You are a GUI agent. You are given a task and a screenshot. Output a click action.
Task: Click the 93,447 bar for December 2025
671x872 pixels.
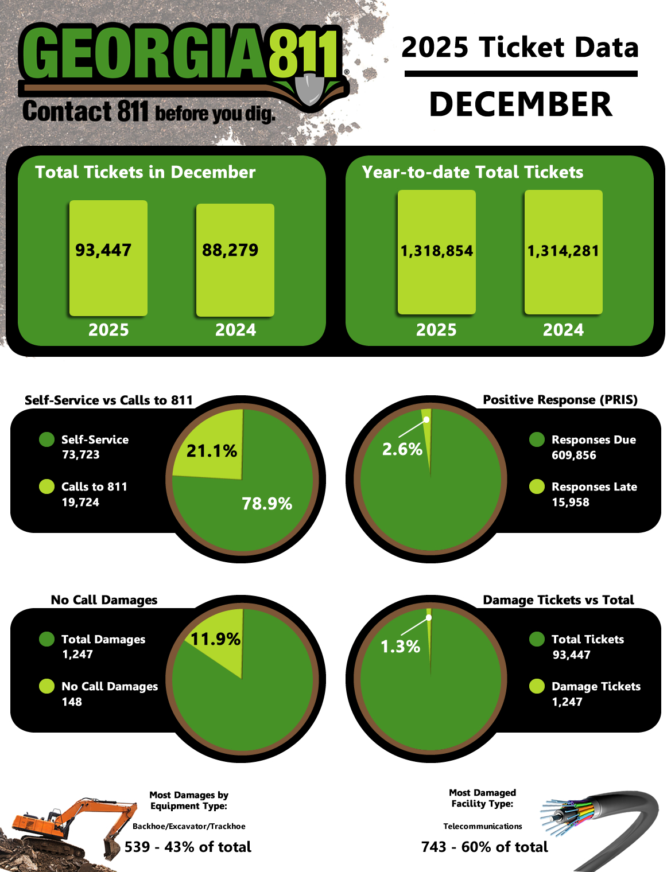[x=108, y=258]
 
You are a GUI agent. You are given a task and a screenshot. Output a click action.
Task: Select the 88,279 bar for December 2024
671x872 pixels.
[x=235, y=259]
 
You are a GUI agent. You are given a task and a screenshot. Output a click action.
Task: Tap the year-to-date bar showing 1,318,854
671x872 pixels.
[x=436, y=252]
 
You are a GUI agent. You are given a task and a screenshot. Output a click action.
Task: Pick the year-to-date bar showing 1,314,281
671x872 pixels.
[x=563, y=252]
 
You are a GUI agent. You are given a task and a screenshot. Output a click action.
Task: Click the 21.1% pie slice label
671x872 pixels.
[x=211, y=451]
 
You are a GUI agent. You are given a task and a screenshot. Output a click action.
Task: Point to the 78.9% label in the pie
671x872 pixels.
[x=267, y=504]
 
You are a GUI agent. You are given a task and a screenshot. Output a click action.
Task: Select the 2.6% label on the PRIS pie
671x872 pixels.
[x=402, y=449]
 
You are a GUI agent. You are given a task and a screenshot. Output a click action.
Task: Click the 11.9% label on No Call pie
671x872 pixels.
[x=215, y=639]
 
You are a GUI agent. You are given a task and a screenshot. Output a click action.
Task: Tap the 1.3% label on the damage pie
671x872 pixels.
[x=401, y=647]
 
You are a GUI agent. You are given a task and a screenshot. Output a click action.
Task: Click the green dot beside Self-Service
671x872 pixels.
[x=46, y=440]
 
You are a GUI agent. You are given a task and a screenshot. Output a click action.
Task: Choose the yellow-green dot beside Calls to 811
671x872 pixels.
[x=46, y=486]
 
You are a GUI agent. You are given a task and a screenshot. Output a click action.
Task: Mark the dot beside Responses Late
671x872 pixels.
[x=537, y=486]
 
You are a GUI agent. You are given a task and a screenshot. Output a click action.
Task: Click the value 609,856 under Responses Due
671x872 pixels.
[x=573, y=456]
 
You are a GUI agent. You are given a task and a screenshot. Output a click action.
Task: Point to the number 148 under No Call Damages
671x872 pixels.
[x=72, y=702]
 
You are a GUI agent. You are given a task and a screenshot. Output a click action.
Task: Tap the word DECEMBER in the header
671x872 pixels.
[x=521, y=104]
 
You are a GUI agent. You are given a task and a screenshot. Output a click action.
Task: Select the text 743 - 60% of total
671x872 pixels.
[x=484, y=847]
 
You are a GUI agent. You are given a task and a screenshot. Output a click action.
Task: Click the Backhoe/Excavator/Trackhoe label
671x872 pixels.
[x=189, y=827]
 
